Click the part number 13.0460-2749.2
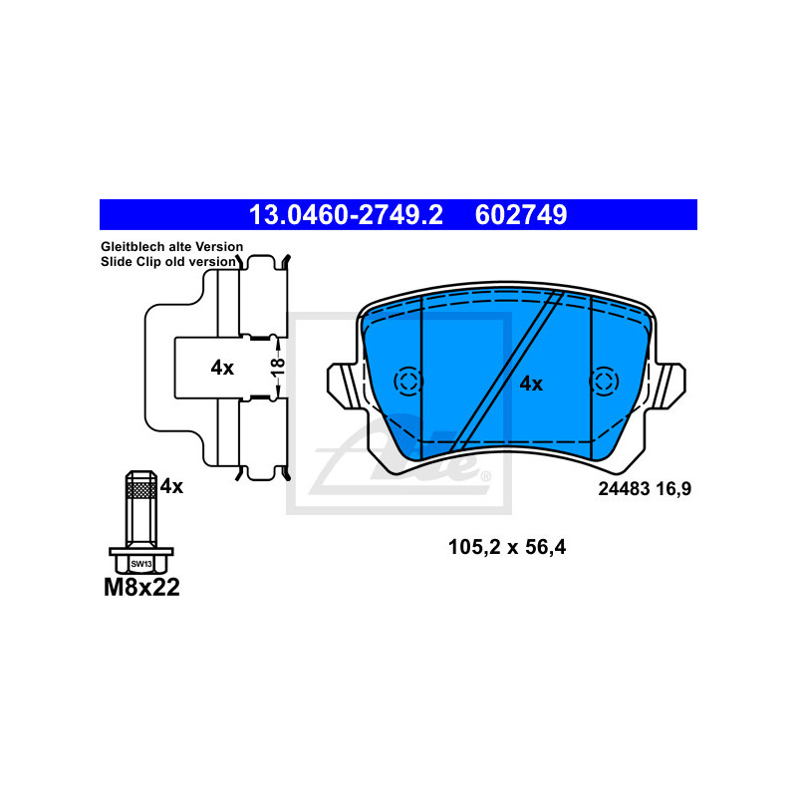tap(346, 215)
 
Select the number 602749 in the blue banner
tap(521, 215)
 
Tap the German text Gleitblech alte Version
tap(171, 247)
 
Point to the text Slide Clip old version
tap(168, 262)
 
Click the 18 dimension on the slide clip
tap(278, 368)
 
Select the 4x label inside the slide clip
tap(222, 368)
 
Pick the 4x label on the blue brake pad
tap(531, 385)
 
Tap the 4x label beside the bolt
tap(171, 487)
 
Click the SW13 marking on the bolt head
tap(141, 564)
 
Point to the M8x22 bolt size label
tap(141, 588)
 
